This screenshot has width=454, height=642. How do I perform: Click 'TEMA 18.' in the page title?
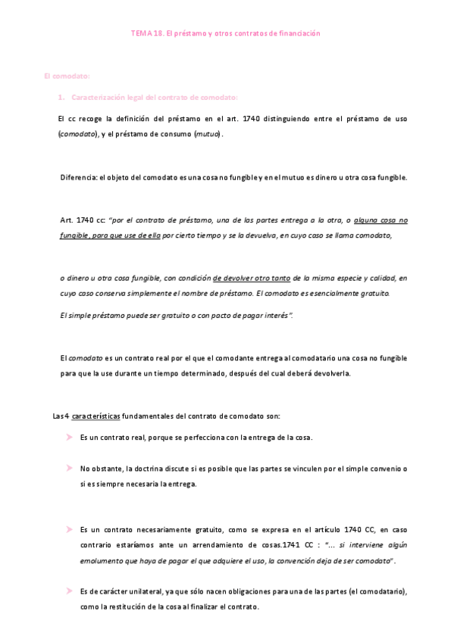pos(146,33)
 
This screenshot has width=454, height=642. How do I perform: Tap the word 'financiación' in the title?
pos(299,33)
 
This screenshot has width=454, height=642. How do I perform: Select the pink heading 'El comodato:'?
pos(67,76)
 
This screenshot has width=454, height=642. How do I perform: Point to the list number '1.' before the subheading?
pos(61,98)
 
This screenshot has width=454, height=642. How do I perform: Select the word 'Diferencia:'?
pos(80,178)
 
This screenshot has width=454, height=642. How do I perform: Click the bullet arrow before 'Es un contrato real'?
pos(68,438)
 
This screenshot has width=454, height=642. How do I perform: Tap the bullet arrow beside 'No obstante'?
pos(68,469)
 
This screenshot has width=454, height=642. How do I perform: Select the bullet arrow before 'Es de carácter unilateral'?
pos(68,591)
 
